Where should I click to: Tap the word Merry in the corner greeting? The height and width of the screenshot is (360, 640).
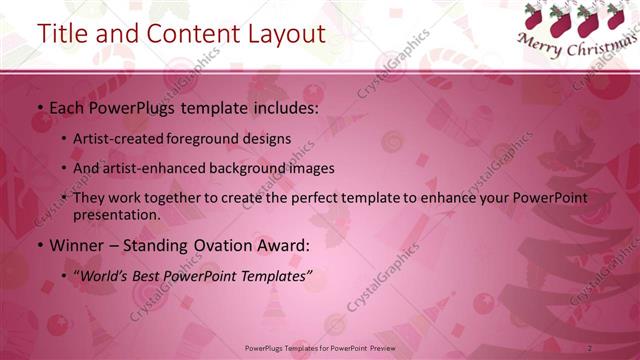(x=541, y=43)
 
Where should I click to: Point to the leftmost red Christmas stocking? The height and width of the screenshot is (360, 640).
(x=533, y=17)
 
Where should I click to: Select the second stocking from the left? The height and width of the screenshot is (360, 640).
(x=561, y=18)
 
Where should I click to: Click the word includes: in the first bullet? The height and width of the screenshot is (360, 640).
(x=283, y=107)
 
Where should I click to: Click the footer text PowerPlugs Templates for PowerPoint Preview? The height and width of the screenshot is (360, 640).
(x=320, y=348)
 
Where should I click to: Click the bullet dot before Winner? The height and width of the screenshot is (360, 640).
(x=39, y=245)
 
